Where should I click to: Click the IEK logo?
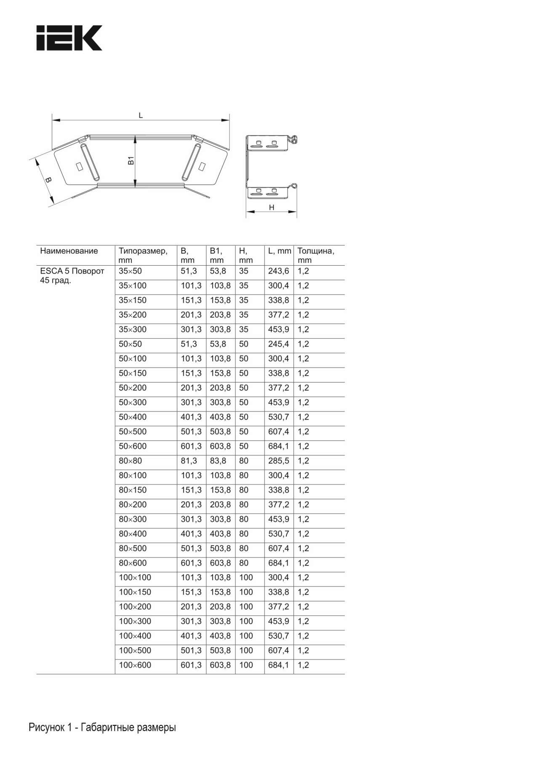tap(69, 38)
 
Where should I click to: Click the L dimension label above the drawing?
tap(141, 115)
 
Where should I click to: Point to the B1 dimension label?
tap(131, 160)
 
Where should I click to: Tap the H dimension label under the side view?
tap(272, 207)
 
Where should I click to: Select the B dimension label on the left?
tap(48, 180)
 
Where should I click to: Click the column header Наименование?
tap(69, 251)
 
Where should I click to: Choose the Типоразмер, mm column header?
tap(143, 256)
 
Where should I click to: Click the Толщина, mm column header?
tap(316, 256)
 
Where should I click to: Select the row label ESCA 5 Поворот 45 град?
tap(72, 276)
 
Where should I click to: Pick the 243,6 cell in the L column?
tap(279, 271)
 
